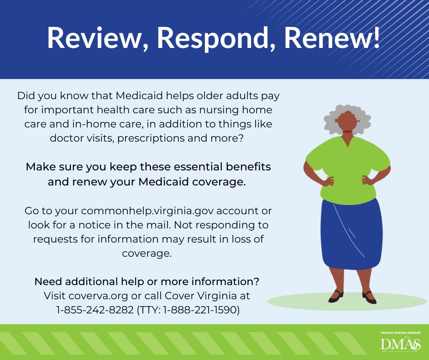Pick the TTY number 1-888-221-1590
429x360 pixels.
(x=201, y=310)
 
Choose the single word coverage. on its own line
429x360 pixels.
(x=147, y=253)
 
